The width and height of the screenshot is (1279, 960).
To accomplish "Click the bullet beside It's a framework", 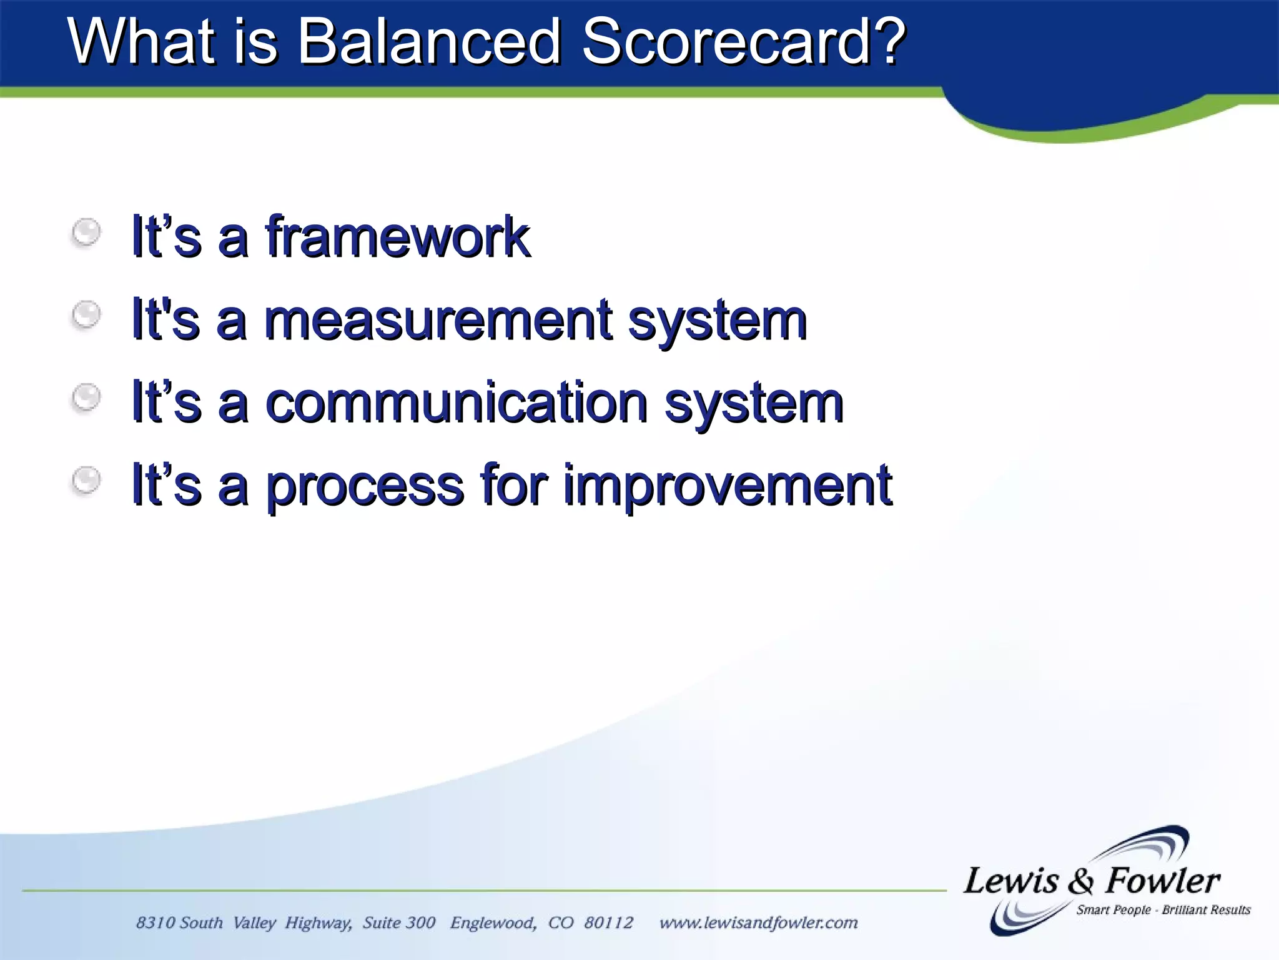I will click(x=86, y=232).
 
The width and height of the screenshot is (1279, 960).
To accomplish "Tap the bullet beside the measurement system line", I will click(x=86, y=315).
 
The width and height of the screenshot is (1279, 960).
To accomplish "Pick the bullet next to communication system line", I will click(x=86, y=397).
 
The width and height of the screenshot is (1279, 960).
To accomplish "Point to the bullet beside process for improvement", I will click(x=86, y=481).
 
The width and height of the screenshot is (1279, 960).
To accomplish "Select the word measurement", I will click(x=437, y=320).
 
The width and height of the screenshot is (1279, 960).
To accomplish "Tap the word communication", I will click(x=457, y=402).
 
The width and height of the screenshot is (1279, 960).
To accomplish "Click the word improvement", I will click(x=728, y=486).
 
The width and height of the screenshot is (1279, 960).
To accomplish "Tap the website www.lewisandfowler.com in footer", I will click(x=758, y=922).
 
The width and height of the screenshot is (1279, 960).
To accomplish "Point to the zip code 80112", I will click(x=608, y=922).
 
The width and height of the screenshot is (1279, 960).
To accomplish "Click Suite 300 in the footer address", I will click(x=399, y=922).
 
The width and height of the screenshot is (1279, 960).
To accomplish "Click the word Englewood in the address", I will click(x=493, y=923).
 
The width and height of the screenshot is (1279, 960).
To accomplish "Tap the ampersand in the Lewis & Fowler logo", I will click(x=1081, y=882).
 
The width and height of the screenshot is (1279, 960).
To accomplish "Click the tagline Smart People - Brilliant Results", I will click(x=1163, y=910).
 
